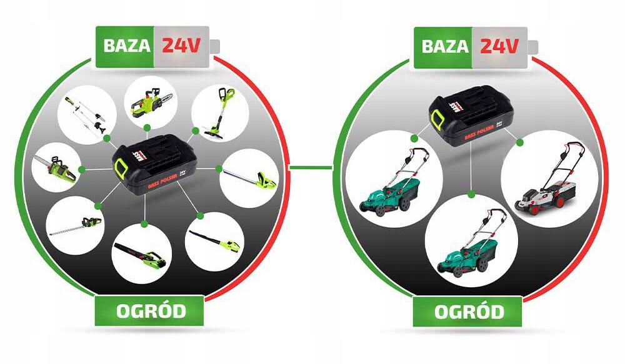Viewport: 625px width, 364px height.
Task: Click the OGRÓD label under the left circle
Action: [151, 311]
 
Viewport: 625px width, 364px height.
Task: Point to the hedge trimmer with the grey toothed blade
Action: [76, 225]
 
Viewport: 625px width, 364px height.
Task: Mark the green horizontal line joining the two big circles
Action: [311, 167]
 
